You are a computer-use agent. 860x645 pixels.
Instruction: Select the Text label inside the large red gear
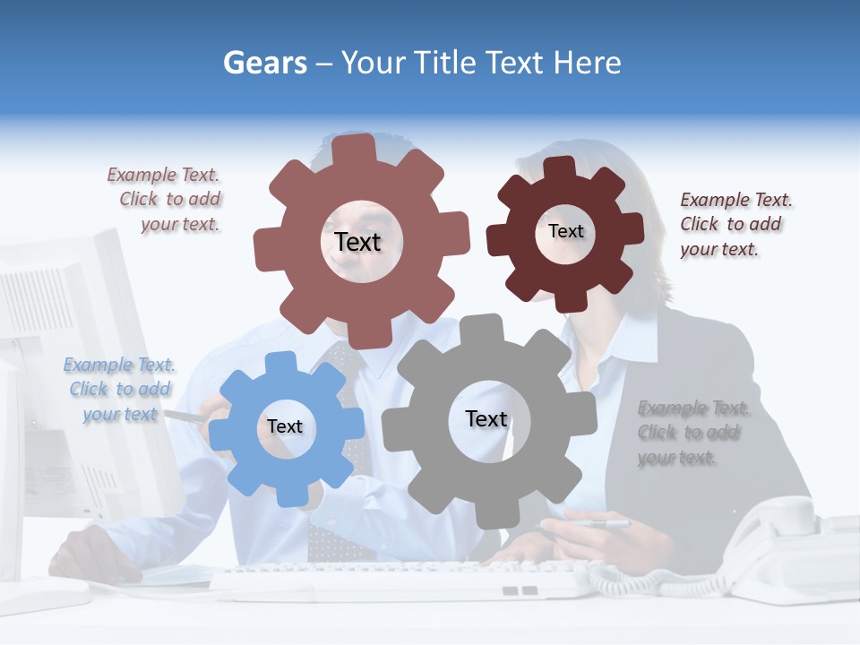pos(357,242)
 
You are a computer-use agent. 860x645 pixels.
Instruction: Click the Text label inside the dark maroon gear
pos(565,231)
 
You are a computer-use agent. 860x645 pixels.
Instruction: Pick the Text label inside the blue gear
pos(285,426)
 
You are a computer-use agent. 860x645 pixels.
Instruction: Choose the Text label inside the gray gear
pos(486,418)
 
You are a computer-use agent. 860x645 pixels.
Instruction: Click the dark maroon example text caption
pos(735,224)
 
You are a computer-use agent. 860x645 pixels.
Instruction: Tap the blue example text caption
pos(120,390)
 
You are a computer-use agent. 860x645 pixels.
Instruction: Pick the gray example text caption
pos(692,433)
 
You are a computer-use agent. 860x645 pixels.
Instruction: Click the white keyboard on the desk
pos(403,580)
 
